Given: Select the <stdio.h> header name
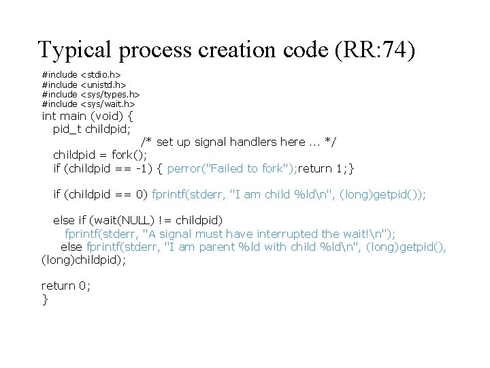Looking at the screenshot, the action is point(101,74).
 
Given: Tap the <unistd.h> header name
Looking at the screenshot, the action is point(103,85).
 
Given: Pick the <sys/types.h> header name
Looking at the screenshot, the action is point(110,94).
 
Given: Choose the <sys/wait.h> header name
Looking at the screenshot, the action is point(108,104).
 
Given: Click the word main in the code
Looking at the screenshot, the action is point(75,115).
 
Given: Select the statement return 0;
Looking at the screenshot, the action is point(65,286).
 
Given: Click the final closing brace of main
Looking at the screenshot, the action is point(45,298).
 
